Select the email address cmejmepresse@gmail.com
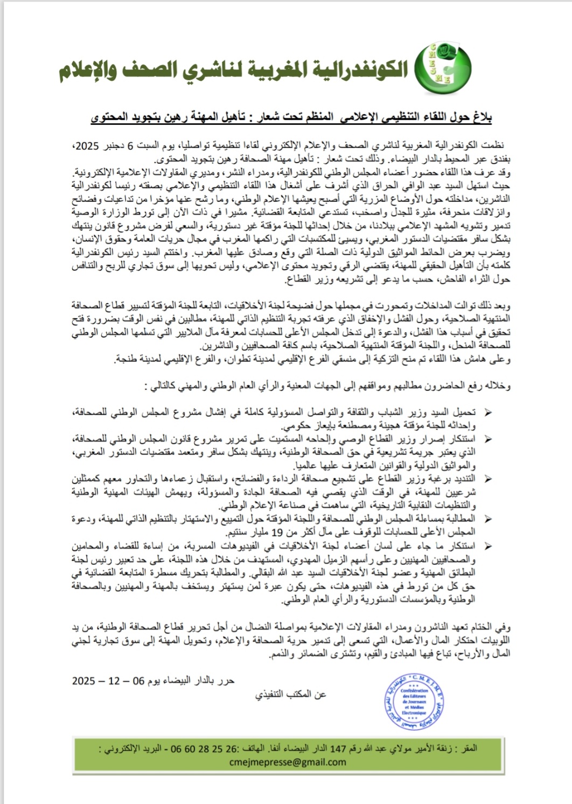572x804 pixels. pos(287,762)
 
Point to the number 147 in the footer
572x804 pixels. pos(338,749)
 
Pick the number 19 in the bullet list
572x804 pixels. pos(277,533)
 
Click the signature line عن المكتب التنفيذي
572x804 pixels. pos(291,695)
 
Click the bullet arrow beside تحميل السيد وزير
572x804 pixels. pos(488,413)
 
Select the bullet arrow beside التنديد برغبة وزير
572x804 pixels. pos(488,479)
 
